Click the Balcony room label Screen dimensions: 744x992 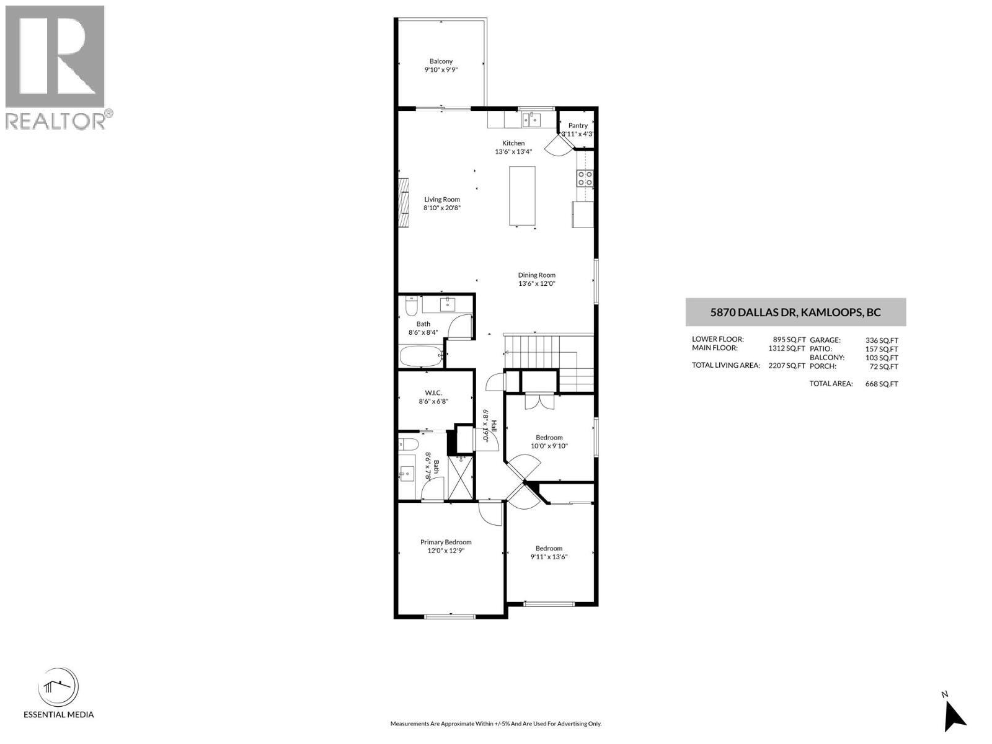pyautogui.click(x=441, y=61)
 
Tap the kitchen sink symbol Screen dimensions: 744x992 pyautogui.click(x=531, y=120)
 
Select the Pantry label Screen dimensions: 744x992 pyautogui.click(x=578, y=126)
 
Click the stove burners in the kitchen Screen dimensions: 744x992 pyautogui.click(x=585, y=179)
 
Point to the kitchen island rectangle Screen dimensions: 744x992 pyautogui.click(x=522, y=196)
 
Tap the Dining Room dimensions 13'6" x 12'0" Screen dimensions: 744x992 pyautogui.click(x=536, y=284)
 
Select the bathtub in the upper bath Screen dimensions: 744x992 pyautogui.click(x=421, y=356)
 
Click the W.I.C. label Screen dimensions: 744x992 pyautogui.click(x=433, y=392)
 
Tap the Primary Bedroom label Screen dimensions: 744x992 pyautogui.click(x=446, y=542)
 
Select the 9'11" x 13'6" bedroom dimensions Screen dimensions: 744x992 pyautogui.click(x=549, y=557)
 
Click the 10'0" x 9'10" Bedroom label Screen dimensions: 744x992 pyautogui.click(x=549, y=438)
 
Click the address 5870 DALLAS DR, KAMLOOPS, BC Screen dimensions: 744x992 pyautogui.click(x=795, y=312)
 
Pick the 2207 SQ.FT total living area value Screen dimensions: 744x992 pyautogui.click(x=787, y=366)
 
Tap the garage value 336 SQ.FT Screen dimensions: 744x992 pyautogui.click(x=881, y=340)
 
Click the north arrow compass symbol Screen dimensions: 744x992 pyautogui.click(x=955, y=715)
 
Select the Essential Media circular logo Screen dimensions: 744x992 pyautogui.click(x=58, y=688)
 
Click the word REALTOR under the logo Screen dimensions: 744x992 pyautogui.click(x=55, y=120)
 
